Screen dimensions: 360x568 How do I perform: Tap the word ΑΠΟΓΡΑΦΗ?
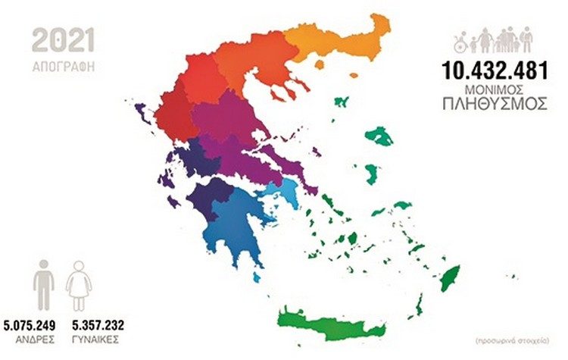point(63,65)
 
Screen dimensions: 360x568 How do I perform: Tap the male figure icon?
point(45,283)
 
